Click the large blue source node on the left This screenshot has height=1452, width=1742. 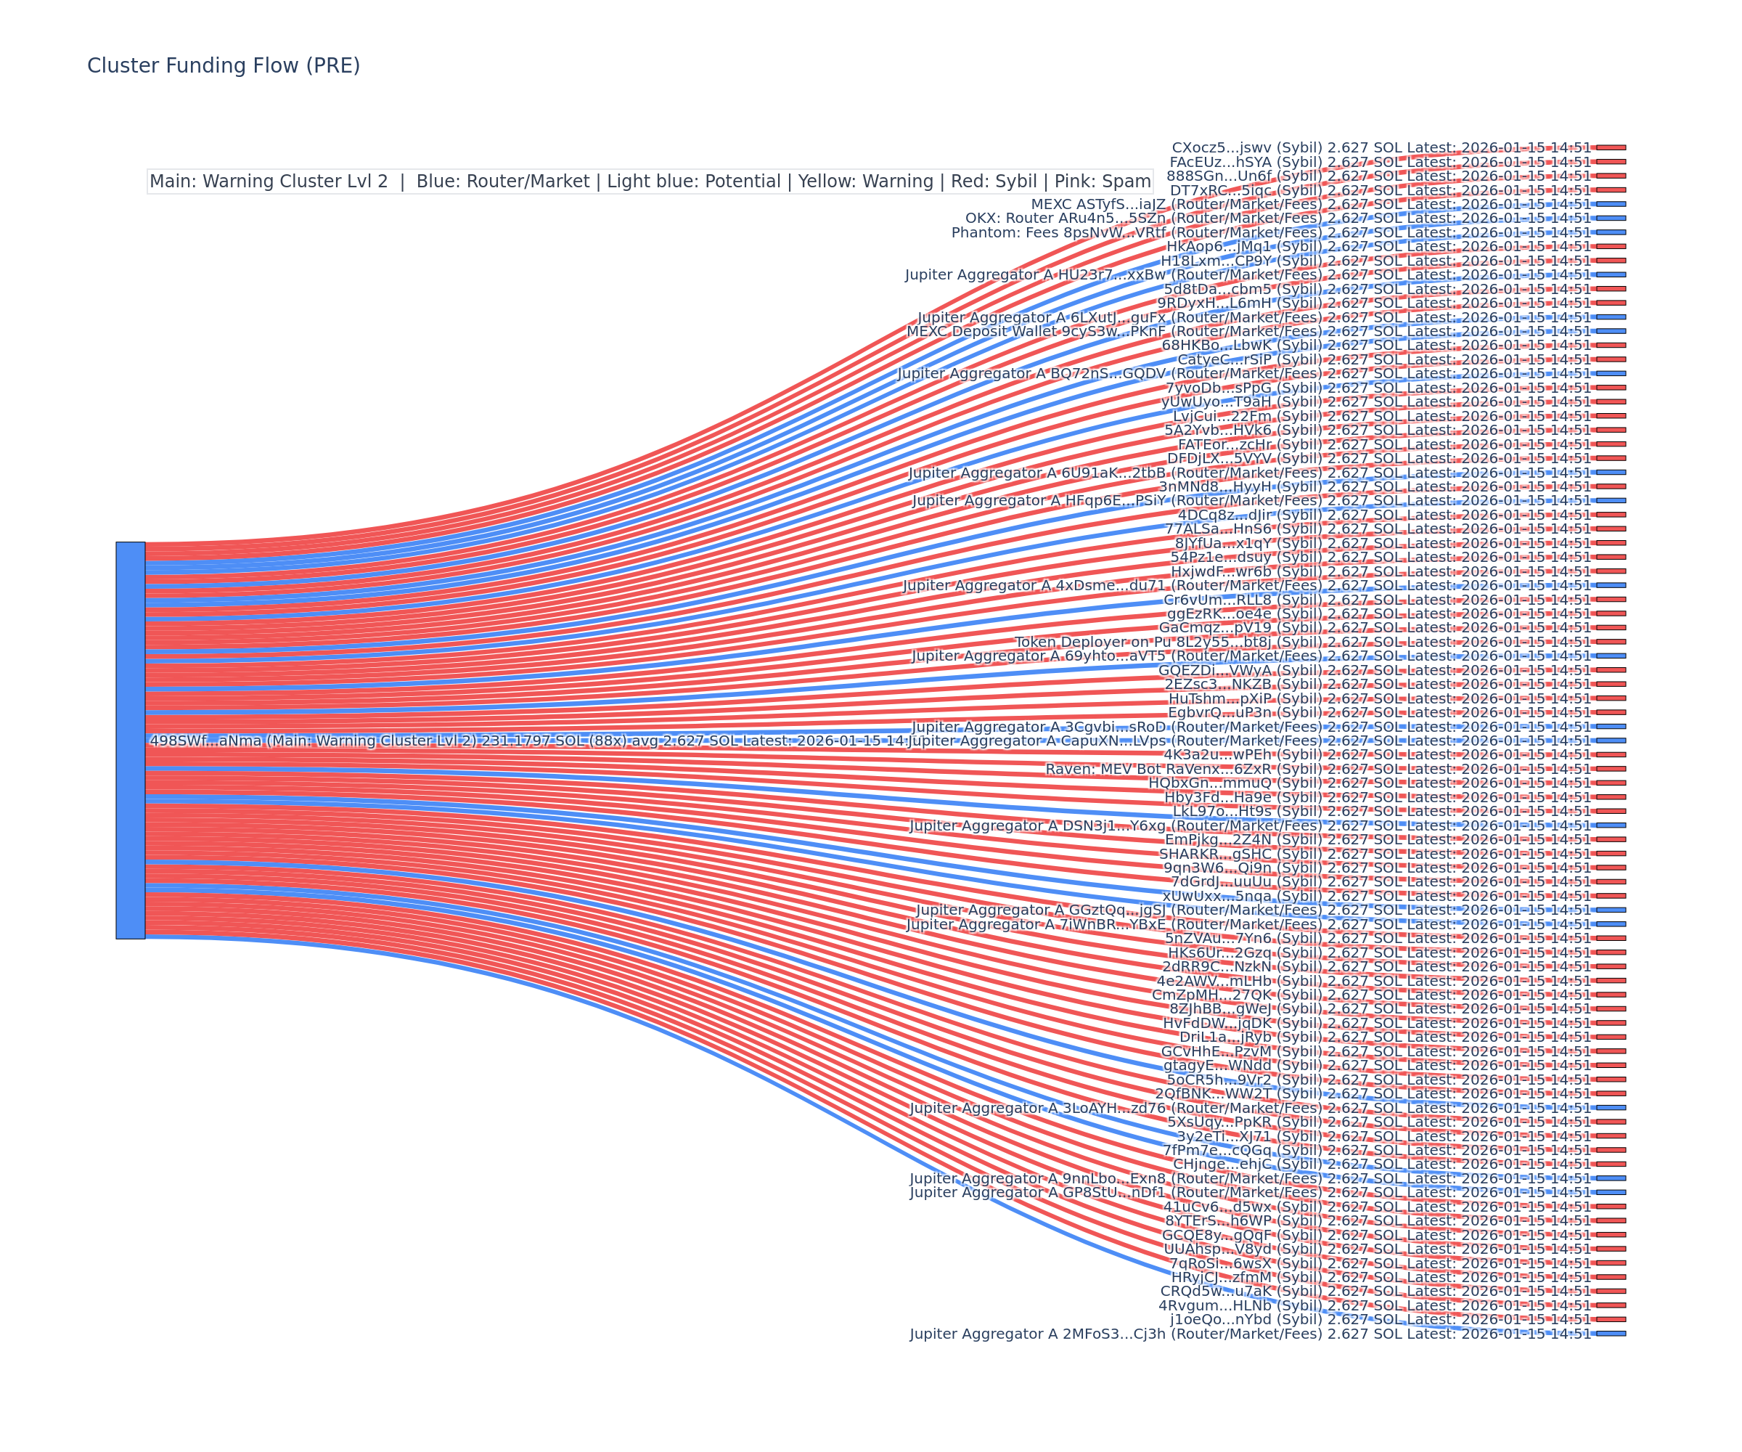130,740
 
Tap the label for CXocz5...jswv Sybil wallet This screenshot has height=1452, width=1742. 1381,147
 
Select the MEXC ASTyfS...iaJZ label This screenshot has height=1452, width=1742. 1311,204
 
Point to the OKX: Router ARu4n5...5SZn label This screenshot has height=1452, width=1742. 1277,219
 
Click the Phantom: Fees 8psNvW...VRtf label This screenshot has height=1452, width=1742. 1271,232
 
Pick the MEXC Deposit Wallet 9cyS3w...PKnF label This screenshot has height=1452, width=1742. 1248,331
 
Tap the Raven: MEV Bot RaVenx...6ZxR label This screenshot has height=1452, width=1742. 1318,769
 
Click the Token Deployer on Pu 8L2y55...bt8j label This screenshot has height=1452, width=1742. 1303,643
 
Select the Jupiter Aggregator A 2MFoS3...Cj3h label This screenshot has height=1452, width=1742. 1250,1334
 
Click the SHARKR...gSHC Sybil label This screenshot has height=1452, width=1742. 1375,854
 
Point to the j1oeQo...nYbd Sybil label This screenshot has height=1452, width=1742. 1381,1319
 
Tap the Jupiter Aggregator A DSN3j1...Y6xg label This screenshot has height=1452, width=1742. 1250,825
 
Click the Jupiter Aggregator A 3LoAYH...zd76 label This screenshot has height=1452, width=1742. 1250,1108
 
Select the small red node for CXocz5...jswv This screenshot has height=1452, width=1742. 1611,147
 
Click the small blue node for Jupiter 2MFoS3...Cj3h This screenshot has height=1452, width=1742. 1611,1334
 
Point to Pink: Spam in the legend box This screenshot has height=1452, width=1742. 1102,181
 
